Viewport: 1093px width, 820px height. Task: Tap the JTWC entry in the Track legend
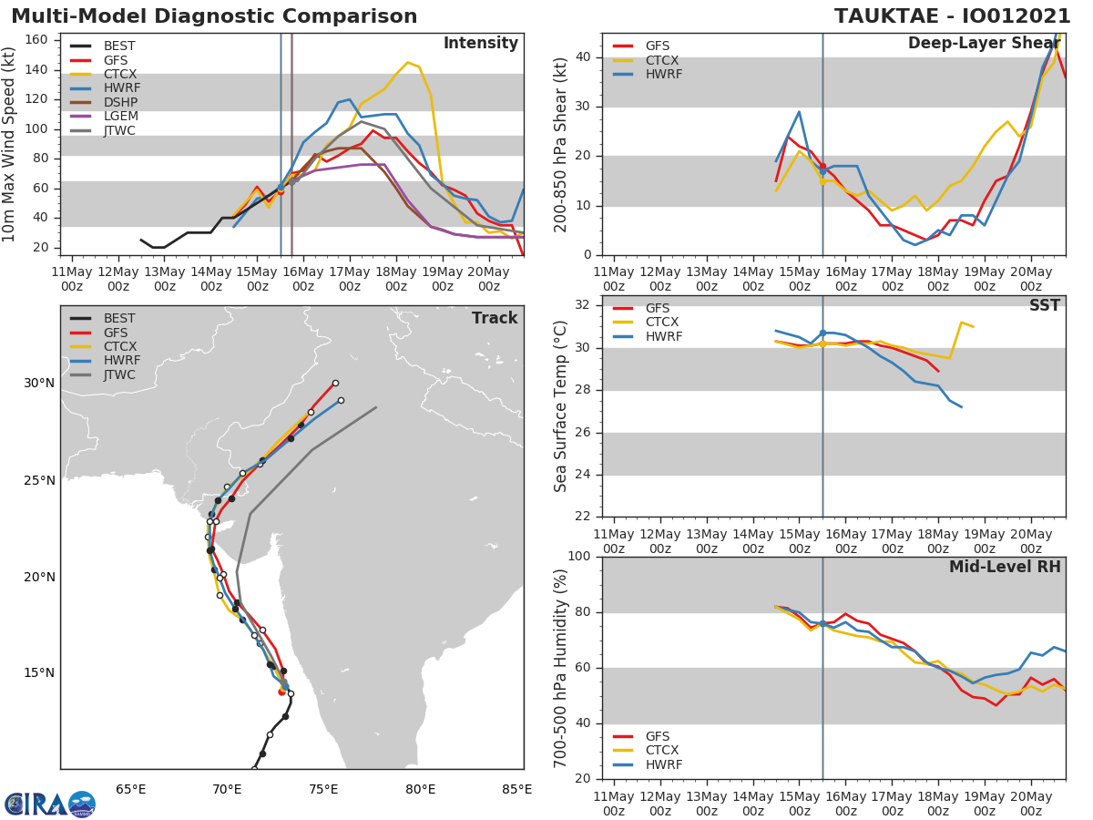tap(119, 375)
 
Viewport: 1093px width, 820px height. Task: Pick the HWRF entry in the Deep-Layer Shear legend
tap(662, 74)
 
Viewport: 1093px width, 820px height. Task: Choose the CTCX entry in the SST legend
tap(662, 323)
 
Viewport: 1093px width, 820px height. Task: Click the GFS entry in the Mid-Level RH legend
tap(662, 736)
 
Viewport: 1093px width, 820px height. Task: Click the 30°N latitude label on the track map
tap(39, 383)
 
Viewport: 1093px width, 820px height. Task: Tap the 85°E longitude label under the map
tap(516, 789)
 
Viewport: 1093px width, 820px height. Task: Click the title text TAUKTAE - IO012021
tap(952, 16)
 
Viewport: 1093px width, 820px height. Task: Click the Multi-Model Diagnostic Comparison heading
tap(214, 16)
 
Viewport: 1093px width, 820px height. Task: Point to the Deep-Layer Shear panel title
tap(984, 44)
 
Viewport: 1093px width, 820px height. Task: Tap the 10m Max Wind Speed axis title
tap(10, 144)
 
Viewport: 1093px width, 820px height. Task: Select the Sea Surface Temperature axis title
tap(561, 406)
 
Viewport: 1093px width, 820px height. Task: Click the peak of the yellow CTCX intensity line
tap(407, 63)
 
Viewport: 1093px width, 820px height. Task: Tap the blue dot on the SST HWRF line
tap(822, 333)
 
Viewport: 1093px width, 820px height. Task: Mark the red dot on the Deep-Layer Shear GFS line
tap(822, 167)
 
